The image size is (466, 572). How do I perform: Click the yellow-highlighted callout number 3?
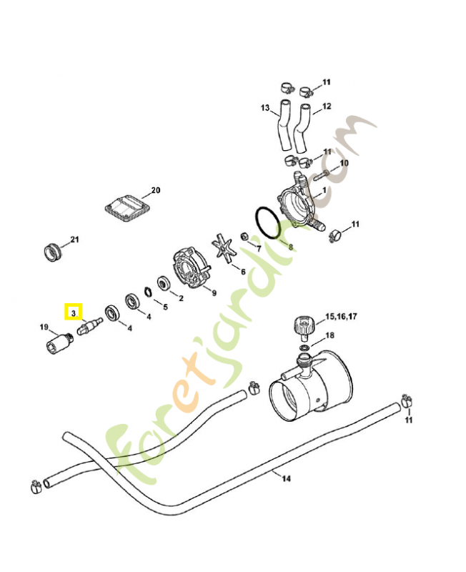[x=74, y=313]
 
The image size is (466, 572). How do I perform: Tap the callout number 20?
[x=156, y=190]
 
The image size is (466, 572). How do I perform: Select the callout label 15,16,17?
[x=341, y=316]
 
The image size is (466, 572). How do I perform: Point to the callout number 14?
[x=286, y=478]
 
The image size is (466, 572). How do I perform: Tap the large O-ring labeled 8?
[x=268, y=223]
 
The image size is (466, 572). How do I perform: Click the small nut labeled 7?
[x=244, y=236]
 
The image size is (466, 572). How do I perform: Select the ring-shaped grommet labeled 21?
[x=53, y=252]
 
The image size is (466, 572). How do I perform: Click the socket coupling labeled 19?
[x=59, y=342]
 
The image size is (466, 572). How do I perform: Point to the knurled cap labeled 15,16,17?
[x=303, y=327]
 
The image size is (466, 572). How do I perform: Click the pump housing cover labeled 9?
[x=190, y=267]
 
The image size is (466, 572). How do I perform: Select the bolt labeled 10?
[x=321, y=175]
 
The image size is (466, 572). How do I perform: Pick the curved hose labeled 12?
[x=302, y=128]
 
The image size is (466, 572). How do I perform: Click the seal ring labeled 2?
[x=164, y=283]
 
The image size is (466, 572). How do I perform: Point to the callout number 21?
[x=74, y=240]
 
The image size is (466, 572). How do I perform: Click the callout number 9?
[x=214, y=292]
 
